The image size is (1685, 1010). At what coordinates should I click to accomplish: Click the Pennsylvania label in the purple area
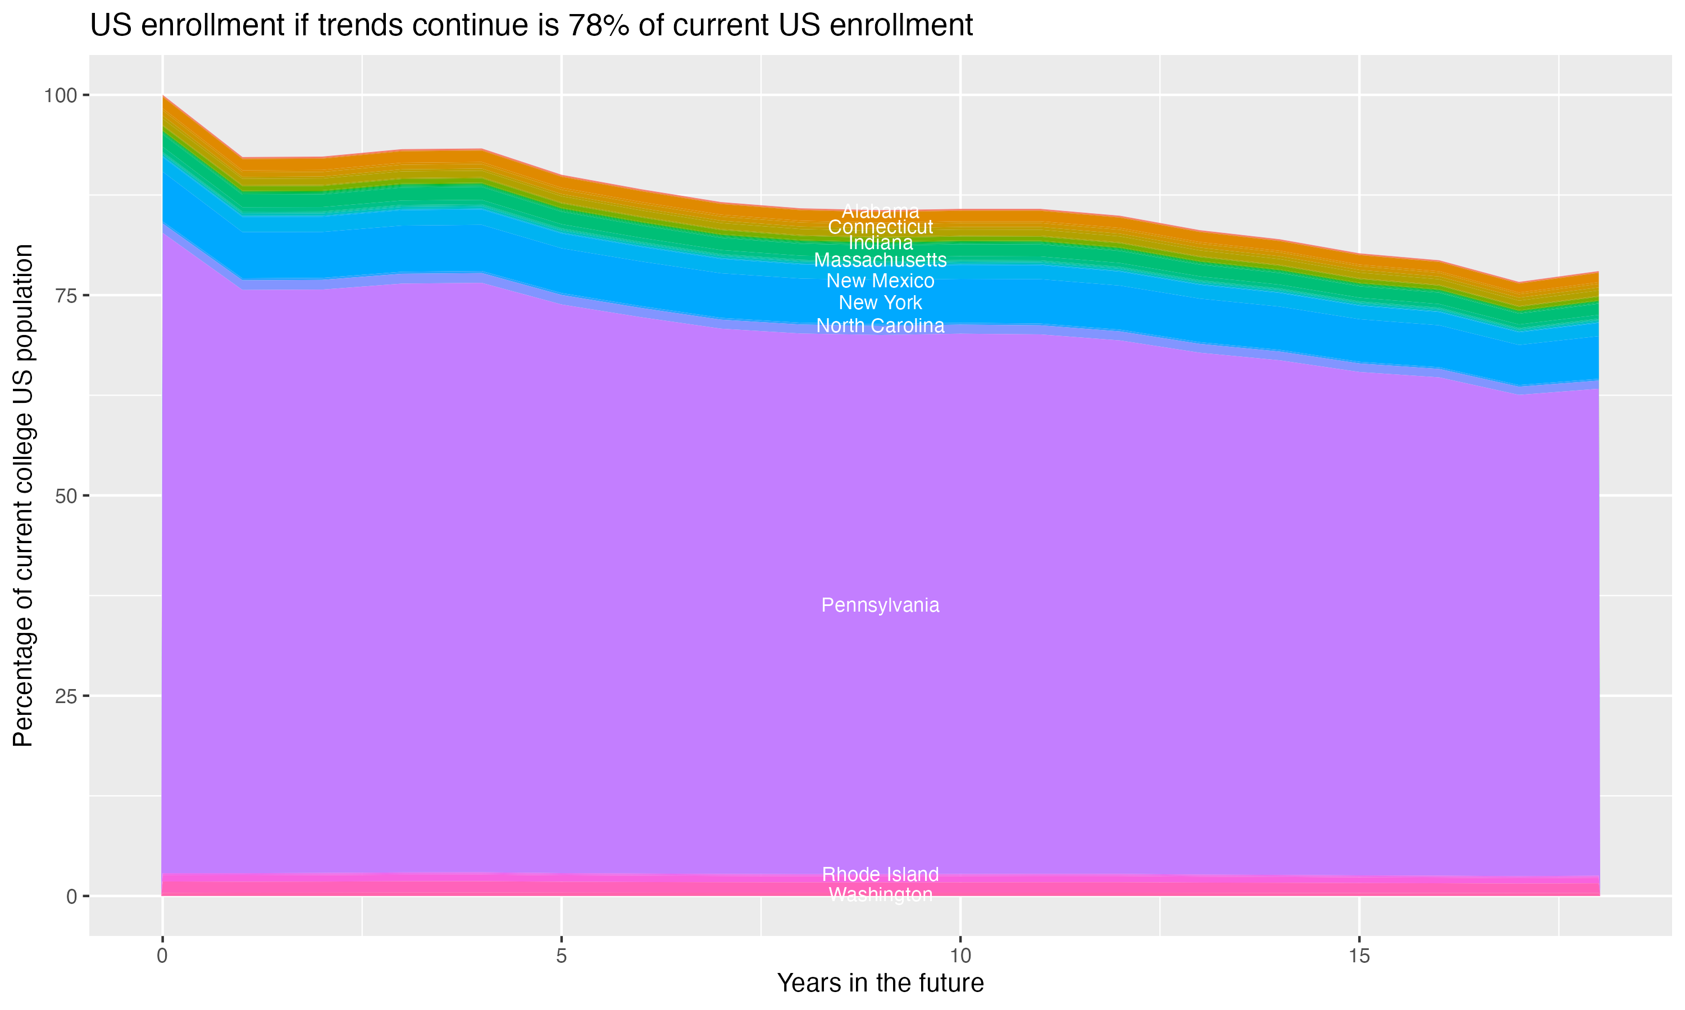coord(880,605)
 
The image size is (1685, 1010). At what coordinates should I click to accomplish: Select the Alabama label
coord(880,211)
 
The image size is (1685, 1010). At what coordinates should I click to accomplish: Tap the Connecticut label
coord(880,227)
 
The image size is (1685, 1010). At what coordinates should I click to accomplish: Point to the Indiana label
coord(880,242)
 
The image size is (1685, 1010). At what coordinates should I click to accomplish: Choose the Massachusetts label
coord(880,260)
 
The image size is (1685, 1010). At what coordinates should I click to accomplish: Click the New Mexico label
coord(880,281)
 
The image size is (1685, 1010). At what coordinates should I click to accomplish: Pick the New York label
coord(880,302)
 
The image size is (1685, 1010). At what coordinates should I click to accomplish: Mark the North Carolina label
coord(880,325)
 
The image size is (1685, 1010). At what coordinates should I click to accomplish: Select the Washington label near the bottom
coord(880,894)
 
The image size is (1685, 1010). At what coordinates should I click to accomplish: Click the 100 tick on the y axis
coord(60,95)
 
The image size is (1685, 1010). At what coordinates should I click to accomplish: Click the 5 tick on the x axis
coord(561,956)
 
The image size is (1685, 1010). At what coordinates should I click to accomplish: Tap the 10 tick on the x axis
coord(960,956)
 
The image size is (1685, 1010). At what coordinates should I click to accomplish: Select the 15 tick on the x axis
coord(1359,956)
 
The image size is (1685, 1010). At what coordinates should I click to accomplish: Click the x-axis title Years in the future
coord(880,983)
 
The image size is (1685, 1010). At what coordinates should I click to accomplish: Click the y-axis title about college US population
coord(23,495)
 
